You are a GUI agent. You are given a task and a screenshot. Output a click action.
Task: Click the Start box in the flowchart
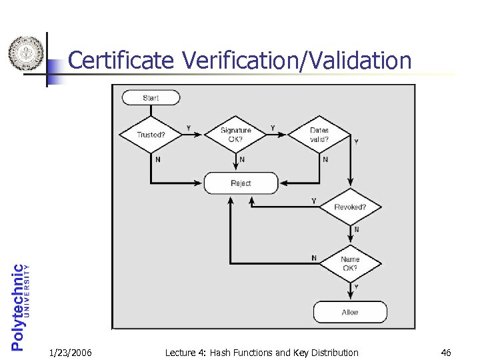point(151,97)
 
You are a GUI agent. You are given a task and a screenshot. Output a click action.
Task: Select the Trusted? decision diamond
point(151,135)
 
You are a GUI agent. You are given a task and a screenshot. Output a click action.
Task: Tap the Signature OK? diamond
point(235,135)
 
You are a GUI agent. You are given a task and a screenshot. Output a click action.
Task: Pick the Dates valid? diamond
point(319,135)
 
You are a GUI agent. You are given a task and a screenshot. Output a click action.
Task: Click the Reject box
point(241,183)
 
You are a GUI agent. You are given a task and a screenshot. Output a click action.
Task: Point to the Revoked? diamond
point(350,207)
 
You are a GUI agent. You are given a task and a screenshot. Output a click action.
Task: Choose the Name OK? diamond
point(350,264)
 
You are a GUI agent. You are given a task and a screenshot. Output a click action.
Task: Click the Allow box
point(350,312)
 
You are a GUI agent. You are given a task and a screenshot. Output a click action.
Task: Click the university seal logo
point(26,53)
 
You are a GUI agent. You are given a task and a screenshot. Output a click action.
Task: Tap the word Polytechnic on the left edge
point(18,307)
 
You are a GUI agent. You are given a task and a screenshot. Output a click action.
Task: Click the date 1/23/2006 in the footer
point(71,353)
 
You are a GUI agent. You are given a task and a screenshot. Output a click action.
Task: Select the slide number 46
point(446,353)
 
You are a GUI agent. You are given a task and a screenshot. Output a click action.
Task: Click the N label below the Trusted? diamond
point(157,159)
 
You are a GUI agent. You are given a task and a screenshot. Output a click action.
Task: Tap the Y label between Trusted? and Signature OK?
point(188,127)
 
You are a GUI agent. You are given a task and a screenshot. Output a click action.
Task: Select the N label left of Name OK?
point(314,258)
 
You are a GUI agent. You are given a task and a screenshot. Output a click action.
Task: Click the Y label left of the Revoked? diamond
point(314,201)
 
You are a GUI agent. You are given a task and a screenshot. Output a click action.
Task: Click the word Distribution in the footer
point(333,353)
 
